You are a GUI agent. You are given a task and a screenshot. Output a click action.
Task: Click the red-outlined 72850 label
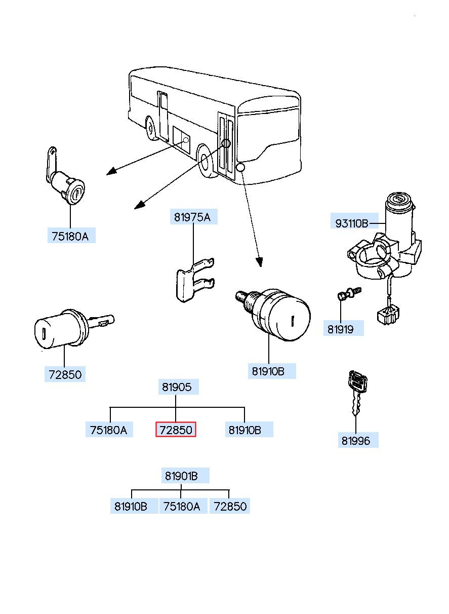176,429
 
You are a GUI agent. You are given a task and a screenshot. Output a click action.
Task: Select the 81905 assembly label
178,387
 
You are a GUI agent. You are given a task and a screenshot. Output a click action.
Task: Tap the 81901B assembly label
185,476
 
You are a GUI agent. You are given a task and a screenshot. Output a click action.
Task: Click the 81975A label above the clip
194,217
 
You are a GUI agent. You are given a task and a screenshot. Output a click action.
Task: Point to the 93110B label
354,223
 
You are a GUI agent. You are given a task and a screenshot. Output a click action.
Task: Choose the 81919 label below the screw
344,328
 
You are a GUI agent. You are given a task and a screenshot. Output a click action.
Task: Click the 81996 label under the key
358,440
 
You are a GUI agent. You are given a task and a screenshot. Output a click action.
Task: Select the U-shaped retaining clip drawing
194,280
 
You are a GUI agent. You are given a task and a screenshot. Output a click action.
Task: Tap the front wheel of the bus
206,161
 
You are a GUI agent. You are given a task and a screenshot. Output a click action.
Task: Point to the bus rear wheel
150,128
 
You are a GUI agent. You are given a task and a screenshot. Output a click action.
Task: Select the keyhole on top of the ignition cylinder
400,198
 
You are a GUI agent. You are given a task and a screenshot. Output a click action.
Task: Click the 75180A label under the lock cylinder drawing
71,236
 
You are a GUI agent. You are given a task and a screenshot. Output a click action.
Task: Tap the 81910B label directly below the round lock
272,371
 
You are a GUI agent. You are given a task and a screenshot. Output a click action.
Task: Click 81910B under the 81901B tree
134,506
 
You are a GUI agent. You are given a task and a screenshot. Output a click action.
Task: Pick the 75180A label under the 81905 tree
109,429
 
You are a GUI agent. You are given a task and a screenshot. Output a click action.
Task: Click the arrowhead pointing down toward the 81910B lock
259,262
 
